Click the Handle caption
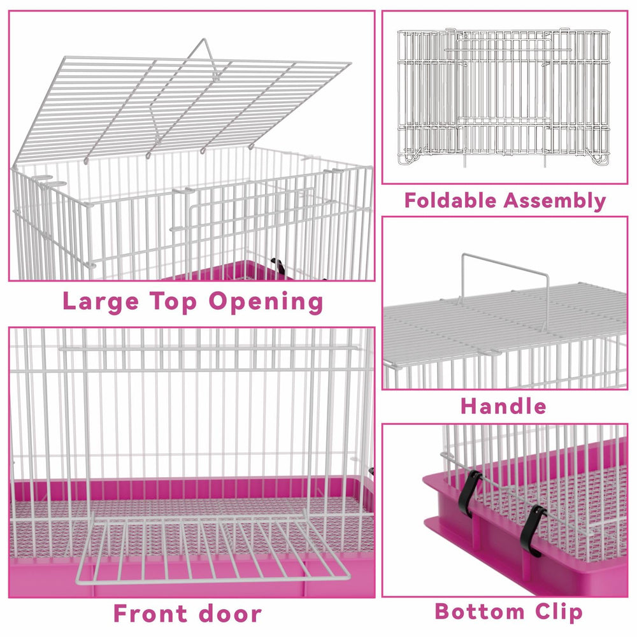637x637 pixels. (x=503, y=406)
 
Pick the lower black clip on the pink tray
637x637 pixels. (x=532, y=529)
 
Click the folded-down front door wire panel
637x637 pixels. (x=210, y=548)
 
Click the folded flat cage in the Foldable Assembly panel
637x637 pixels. (x=504, y=96)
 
